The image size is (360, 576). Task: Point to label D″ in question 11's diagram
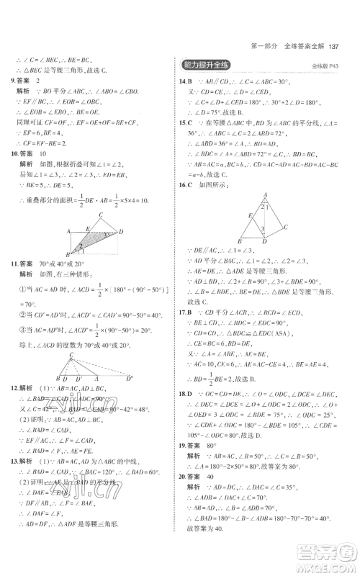pyautogui.click(x=130, y=378)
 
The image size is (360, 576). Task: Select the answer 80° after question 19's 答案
pyautogui.click(x=216, y=465)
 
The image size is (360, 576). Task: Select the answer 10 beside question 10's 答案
pyautogui.click(x=47, y=153)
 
